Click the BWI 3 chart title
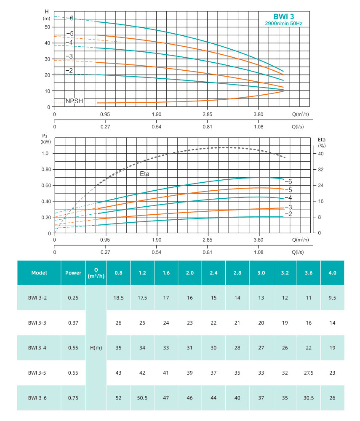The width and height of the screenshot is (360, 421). [x=283, y=16]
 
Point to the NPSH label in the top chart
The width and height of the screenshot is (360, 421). [x=75, y=101]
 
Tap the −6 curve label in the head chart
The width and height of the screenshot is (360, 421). [x=70, y=18]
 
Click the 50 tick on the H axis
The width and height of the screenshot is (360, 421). [x=47, y=27]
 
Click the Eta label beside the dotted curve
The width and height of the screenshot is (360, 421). [x=145, y=173]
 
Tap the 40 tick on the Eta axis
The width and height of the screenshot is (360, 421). [x=321, y=154]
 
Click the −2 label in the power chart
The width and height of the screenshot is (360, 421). [x=288, y=214]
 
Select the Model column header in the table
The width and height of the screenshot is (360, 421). [x=39, y=272]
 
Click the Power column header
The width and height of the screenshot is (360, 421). [x=73, y=272]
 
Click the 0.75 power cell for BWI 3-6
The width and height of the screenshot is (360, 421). [x=73, y=397]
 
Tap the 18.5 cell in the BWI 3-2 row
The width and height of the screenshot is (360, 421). [x=118, y=298]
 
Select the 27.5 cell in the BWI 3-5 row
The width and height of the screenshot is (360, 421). [x=308, y=373]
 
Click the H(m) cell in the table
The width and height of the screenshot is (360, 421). [x=96, y=348]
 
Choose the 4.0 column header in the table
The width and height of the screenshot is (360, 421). [x=332, y=272]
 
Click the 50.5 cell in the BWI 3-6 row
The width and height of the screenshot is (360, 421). [x=142, y=397]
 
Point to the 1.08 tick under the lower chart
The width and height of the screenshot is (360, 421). [x=259, y=252]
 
